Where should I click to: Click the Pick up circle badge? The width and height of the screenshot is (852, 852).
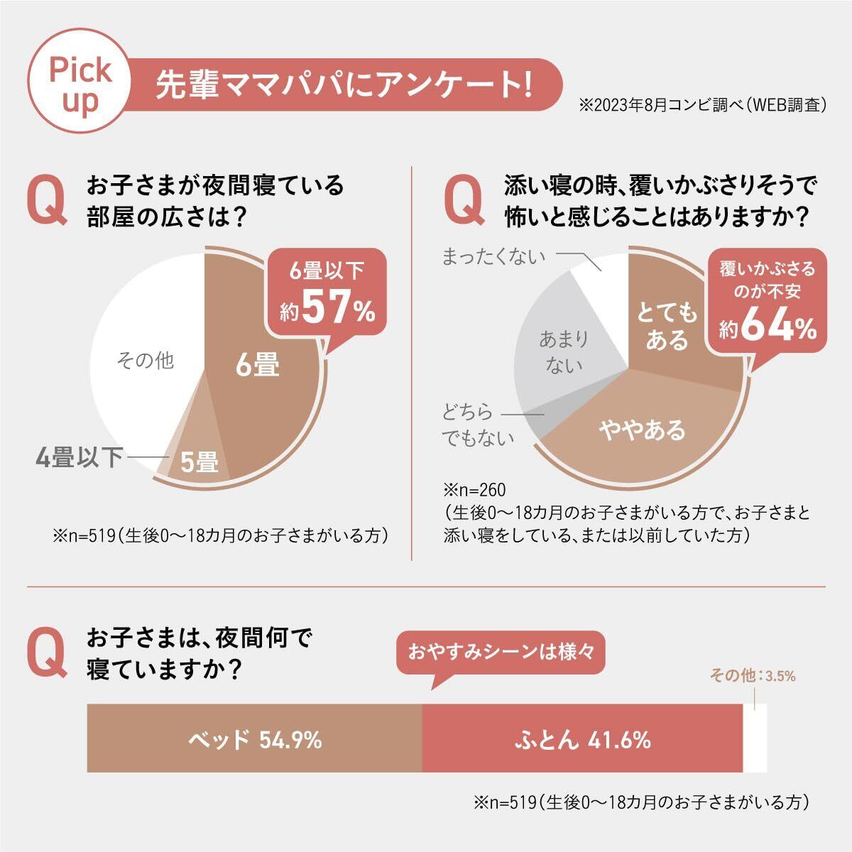click(x=79, y=84)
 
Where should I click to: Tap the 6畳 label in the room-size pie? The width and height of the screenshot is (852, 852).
click(x=257, y=366)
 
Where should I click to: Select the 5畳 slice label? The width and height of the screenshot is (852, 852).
click(x=198, y=462)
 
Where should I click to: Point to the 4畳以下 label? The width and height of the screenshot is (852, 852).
click(x=80, y=457)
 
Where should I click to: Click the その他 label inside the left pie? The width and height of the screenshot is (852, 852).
click(x=145, y=361)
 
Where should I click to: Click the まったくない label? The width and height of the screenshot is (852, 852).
click(x=493, y=256)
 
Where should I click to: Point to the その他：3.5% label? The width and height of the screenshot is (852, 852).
click(x=752, y=676)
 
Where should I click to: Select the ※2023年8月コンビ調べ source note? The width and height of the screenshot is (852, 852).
click(x=704, y=106)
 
